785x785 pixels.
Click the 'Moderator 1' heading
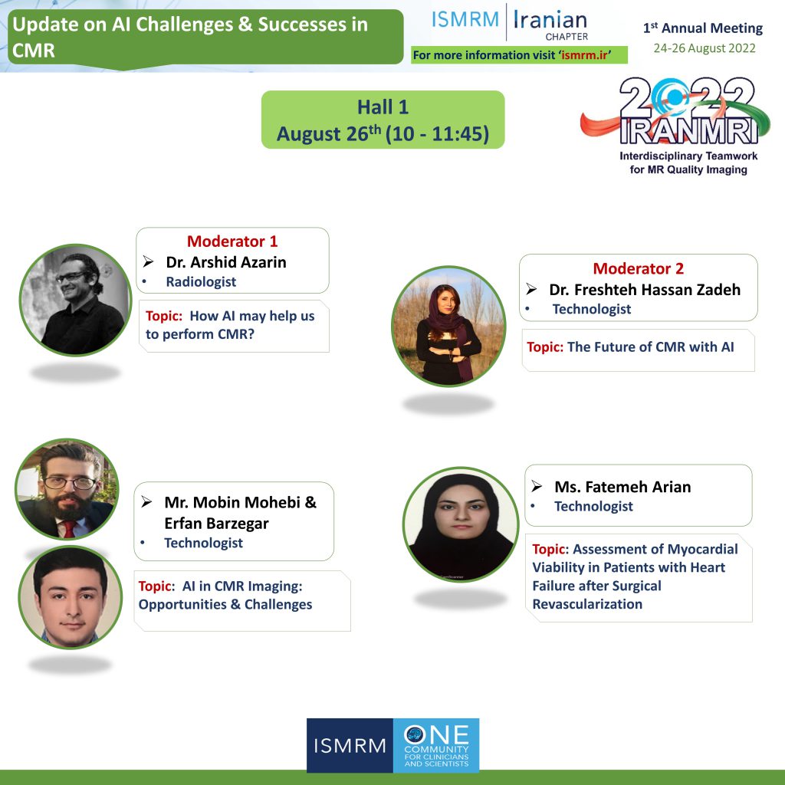pyautogui.click(x=232, y=241)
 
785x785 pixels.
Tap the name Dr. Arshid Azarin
pyautogui.click(x=226, y=262)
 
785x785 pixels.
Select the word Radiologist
pyautogui.click(x=201, y=282)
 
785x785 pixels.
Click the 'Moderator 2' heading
pyautogui.click(x=639, y=269)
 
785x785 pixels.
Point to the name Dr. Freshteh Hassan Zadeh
pyautogui.click(x=645, y=290)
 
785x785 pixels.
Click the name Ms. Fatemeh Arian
pyautogui.click(x=622, y=487)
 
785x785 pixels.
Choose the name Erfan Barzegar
pyautogui.click(x=216, y=523)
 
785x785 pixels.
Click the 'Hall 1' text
pyautogui.click(x=383, y=107)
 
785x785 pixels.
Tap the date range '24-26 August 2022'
pyautogui.click(x=705, y=48)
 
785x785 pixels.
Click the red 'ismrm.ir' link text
pyautogui.click(x=584, y=55)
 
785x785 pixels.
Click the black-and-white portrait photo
pyautogui.click(x=75, y=300)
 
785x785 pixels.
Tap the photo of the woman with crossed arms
pyautogui.click(x=448, y=326)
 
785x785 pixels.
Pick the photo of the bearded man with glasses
pyautogui.click(x=67, y=489)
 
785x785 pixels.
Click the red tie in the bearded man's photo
pyautogui.click(x=69, y=529)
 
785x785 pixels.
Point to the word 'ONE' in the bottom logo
pyautogui.click(x=436, y=734)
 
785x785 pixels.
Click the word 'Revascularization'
pyautogui.click(x=587, y=604)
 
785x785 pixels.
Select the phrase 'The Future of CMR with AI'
pyautogui.click(x=650, y=347)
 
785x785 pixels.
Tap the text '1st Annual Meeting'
pyautogui.click(x=703, y=28)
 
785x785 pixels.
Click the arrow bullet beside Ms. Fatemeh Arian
pyautogui.click(x=537, y=486)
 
